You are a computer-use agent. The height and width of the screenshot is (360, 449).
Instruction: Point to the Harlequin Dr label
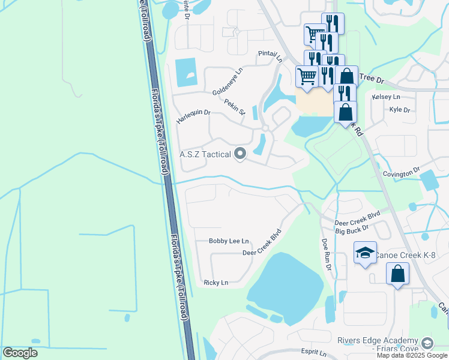[194, 116]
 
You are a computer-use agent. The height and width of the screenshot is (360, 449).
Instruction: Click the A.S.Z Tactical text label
[205, 155]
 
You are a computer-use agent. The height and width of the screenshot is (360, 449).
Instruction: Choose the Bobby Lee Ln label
[229, 241]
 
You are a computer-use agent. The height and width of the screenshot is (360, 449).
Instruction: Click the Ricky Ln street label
[216, 283]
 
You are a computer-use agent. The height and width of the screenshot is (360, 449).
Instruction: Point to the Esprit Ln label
[315, 353]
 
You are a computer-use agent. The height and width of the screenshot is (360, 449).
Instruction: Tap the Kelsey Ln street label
[386, 97]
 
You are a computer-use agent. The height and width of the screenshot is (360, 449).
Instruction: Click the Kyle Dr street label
[399, 110]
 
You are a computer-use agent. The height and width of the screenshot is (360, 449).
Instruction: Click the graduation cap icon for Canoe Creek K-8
[365, 254]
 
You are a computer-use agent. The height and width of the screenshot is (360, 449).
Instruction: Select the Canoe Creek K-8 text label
[405, 256]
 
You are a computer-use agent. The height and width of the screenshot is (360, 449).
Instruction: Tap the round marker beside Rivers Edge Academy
[427, 343]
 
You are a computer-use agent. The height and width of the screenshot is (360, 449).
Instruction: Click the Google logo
[20, 353]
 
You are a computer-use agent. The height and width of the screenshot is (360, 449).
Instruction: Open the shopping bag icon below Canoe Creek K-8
[397, 275]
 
